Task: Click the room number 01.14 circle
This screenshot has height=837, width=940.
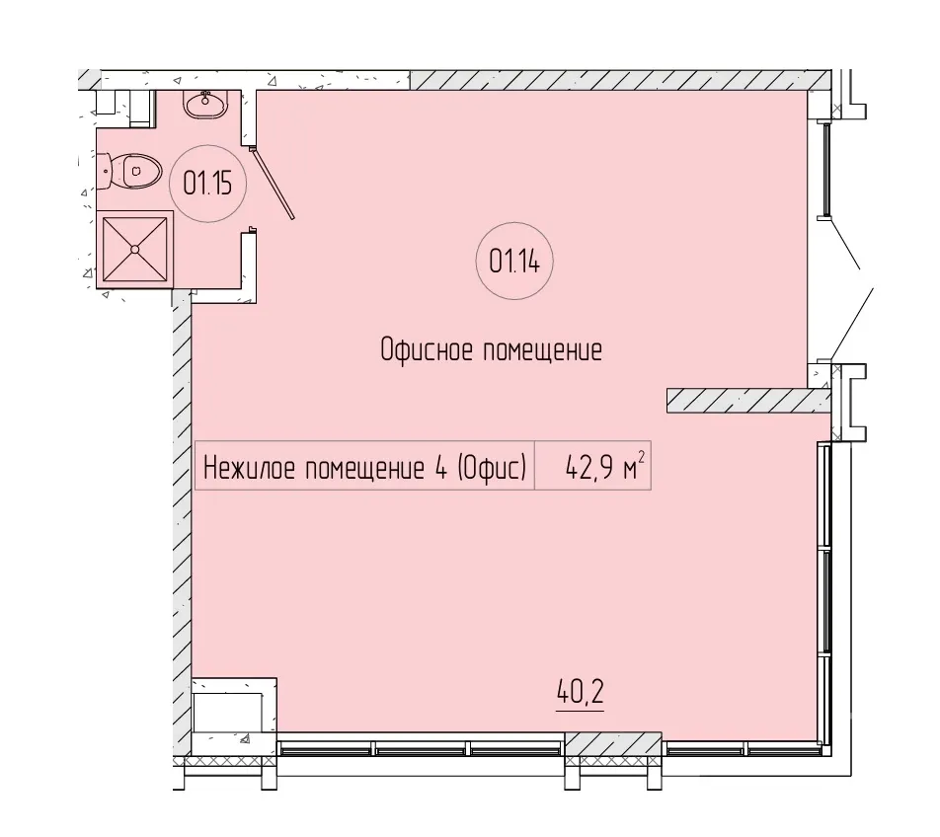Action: pyautogui.click(x=514, y=223)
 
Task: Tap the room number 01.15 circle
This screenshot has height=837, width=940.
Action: pyautogui.click(x=207, y=146)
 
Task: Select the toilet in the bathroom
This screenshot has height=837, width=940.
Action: pyautogui.click(x=129, y=171)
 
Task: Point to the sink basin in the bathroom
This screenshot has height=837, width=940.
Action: pyautogui.click(x=205, y=105)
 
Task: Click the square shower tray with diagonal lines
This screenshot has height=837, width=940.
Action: pyautogui.click(x=135, y=249)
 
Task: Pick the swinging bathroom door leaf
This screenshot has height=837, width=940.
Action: pyautogui.click(x=274, y=183)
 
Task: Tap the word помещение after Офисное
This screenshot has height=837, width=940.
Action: pyautogui.click(x=542, y=350)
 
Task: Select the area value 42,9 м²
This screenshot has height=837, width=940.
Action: pyautogui.click(x=604, y=466)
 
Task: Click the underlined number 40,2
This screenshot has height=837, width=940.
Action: pyautogui.click(x=581, y=692)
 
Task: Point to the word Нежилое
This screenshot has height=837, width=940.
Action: pyautogui.click(x=250, y=468)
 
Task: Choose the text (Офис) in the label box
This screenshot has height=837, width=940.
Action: pyautogui.click(x=492, y=468)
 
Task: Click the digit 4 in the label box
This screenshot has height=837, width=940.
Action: pyautogui.click(x=440, y=468)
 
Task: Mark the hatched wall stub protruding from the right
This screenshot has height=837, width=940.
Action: pyautogui.click(x=748, y=400)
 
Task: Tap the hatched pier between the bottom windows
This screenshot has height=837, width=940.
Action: pyautogui.click(x=614, y=743)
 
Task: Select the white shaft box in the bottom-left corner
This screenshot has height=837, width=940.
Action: pyautogui.click(x=234, y=712)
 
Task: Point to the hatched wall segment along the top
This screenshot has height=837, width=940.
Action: pyautogui.click(x=620, y=80)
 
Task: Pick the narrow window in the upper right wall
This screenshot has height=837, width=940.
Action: pyautogui.click(x=826, y=169)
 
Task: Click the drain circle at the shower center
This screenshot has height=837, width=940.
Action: pyautogui.click(x=135, y=249)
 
